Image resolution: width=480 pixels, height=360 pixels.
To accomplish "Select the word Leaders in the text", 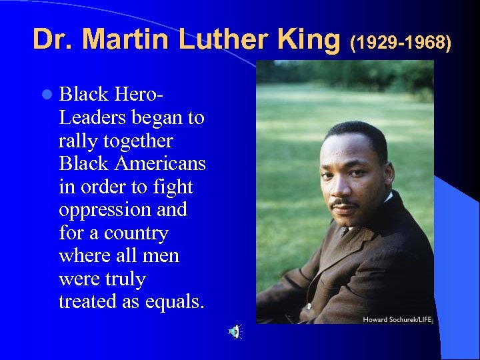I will click(91, 118).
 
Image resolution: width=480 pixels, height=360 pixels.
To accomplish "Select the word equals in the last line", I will click(177, 302).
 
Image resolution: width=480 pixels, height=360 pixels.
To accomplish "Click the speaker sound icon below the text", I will click(235, 331).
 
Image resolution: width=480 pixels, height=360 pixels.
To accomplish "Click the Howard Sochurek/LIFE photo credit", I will click(397, 319).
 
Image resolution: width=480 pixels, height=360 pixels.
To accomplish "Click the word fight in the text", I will click(173, 187).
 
